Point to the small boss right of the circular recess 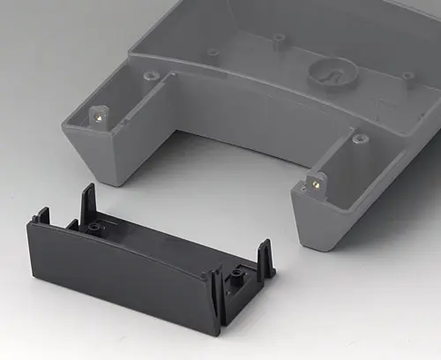[407, 76]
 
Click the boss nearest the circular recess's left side [279, 39]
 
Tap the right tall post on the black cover [262, 257]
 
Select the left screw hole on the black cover [93, 227]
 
